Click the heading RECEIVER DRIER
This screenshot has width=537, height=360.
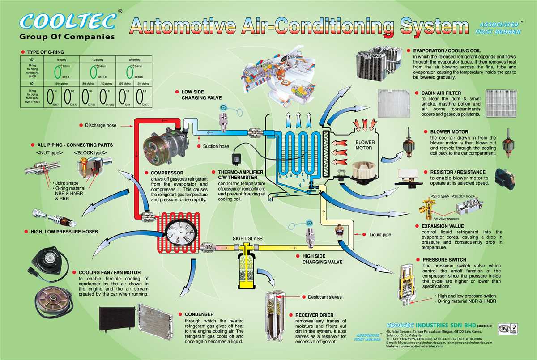click(x=314, y=315)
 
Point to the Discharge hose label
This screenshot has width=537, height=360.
click(x=100, y=125)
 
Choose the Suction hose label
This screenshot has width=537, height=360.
click(x=216, y=146)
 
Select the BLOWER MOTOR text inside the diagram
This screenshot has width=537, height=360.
click(x=365, y=145)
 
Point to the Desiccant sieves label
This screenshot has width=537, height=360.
click(x=324, y=297)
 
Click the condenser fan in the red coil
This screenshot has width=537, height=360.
click(x=179, y=233)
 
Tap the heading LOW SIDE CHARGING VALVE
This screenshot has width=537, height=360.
click(x=192, y=95)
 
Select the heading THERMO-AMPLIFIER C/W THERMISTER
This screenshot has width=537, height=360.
click(x=240, y=175)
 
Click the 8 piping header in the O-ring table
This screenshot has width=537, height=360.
click(x=61, y=59)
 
